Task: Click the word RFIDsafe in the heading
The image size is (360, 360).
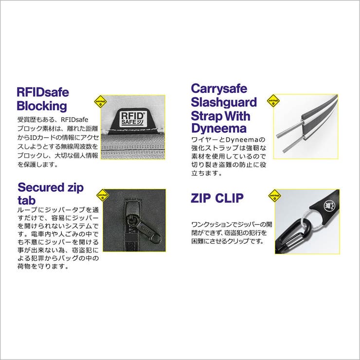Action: point(43,92)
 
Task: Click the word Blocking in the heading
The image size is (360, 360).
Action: point(42,106)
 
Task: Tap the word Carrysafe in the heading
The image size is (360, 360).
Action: point(219,89)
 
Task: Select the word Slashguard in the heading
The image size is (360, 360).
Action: point(224,102)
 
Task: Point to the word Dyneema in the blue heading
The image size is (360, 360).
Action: point(219,128)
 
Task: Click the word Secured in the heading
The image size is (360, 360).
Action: point(41,187)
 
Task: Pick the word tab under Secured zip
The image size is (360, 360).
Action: point(26,200)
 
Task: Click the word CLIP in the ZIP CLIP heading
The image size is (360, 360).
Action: point(229,198)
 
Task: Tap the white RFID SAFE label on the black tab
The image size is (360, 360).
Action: point(132,119)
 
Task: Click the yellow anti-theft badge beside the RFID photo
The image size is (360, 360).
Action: point(101,102)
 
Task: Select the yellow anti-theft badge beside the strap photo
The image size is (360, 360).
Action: point(273,101)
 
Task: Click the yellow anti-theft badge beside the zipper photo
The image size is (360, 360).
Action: point(103,196)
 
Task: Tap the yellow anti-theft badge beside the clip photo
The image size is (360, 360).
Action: point(274,196)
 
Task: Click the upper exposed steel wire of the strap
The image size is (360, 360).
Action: point(290,129)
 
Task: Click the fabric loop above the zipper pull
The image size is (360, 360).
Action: point(132,207)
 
